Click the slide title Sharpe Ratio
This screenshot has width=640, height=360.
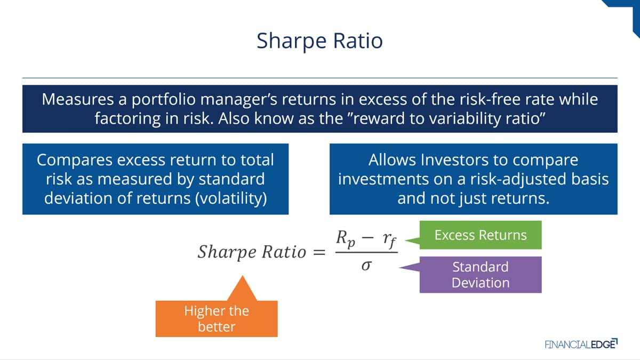(x=319, y=41)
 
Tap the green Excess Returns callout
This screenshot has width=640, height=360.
(x=481, y=235)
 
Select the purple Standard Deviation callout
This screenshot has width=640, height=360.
(x=481, y=275)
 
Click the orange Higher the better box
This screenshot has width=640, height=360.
(x=217, y=318)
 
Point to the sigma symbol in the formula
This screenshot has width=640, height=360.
(x=366, y=266)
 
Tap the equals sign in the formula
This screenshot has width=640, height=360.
(x=319, y=252)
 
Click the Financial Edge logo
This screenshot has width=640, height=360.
(x=581, y=344)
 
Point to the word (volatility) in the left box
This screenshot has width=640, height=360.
(x=231, y=198)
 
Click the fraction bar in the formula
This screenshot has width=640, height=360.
(x=366, y=252)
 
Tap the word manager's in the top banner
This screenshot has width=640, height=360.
(x=239, y=100)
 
